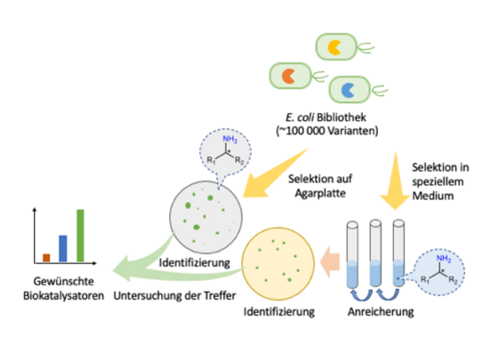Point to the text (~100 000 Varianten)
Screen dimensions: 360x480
327,131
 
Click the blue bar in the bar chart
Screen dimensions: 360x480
63,248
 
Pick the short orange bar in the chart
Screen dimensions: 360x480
46,258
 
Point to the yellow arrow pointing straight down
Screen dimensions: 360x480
395,182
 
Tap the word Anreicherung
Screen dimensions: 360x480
380,312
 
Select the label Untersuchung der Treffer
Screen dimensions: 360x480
174,296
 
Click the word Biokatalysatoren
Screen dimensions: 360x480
64,296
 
